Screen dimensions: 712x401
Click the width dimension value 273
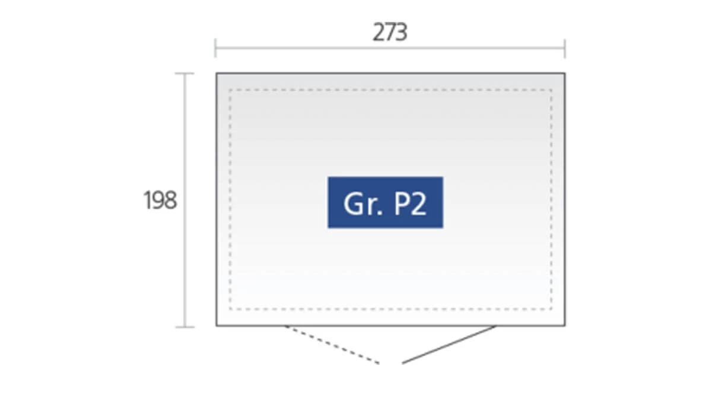pyautogui.click(x=390, y=32)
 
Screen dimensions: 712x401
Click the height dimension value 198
pyautogui.click(x=160, y=200)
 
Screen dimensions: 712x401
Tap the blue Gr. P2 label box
pyautogui.click(x=385, y=202)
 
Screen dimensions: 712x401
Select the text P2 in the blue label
pyautogui.click(x=410, y=204)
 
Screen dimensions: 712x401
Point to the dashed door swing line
pyautogui.click(x=332, y=345)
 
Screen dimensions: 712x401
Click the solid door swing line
pyautogui.click(x=449, y=345)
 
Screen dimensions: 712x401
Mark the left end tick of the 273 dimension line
pyautogui.click(x=215, y=48)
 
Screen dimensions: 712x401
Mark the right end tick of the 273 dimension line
pyautogui.click(x=565, y=48)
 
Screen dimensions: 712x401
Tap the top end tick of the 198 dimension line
pyautogui.click(x=185, y=74)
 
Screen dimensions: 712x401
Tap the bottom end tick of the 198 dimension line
pyautogui.click(x=185, y=327)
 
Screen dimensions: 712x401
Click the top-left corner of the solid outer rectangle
pyautogui.click(x=217, y=74)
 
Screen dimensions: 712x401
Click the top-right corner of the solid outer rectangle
pyautogui.click(x=565, y=74)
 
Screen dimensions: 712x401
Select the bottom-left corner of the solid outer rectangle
pyautogui.click(x=217, y=326)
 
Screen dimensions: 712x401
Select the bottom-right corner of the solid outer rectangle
pyautogui.click(x=565, y=326)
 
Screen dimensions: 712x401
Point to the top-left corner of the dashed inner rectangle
pyautogui.click(x=230, y=90)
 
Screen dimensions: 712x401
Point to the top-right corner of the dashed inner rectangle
pyautogui.click(x=551, y=90)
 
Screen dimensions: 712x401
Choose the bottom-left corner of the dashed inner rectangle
pyautogui.click(x=230, y=308)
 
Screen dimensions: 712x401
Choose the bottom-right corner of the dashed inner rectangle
pyautogui.click(x=551, y=308)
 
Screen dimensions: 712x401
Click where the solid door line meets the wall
pyautogui.click(x=495, y=326)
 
